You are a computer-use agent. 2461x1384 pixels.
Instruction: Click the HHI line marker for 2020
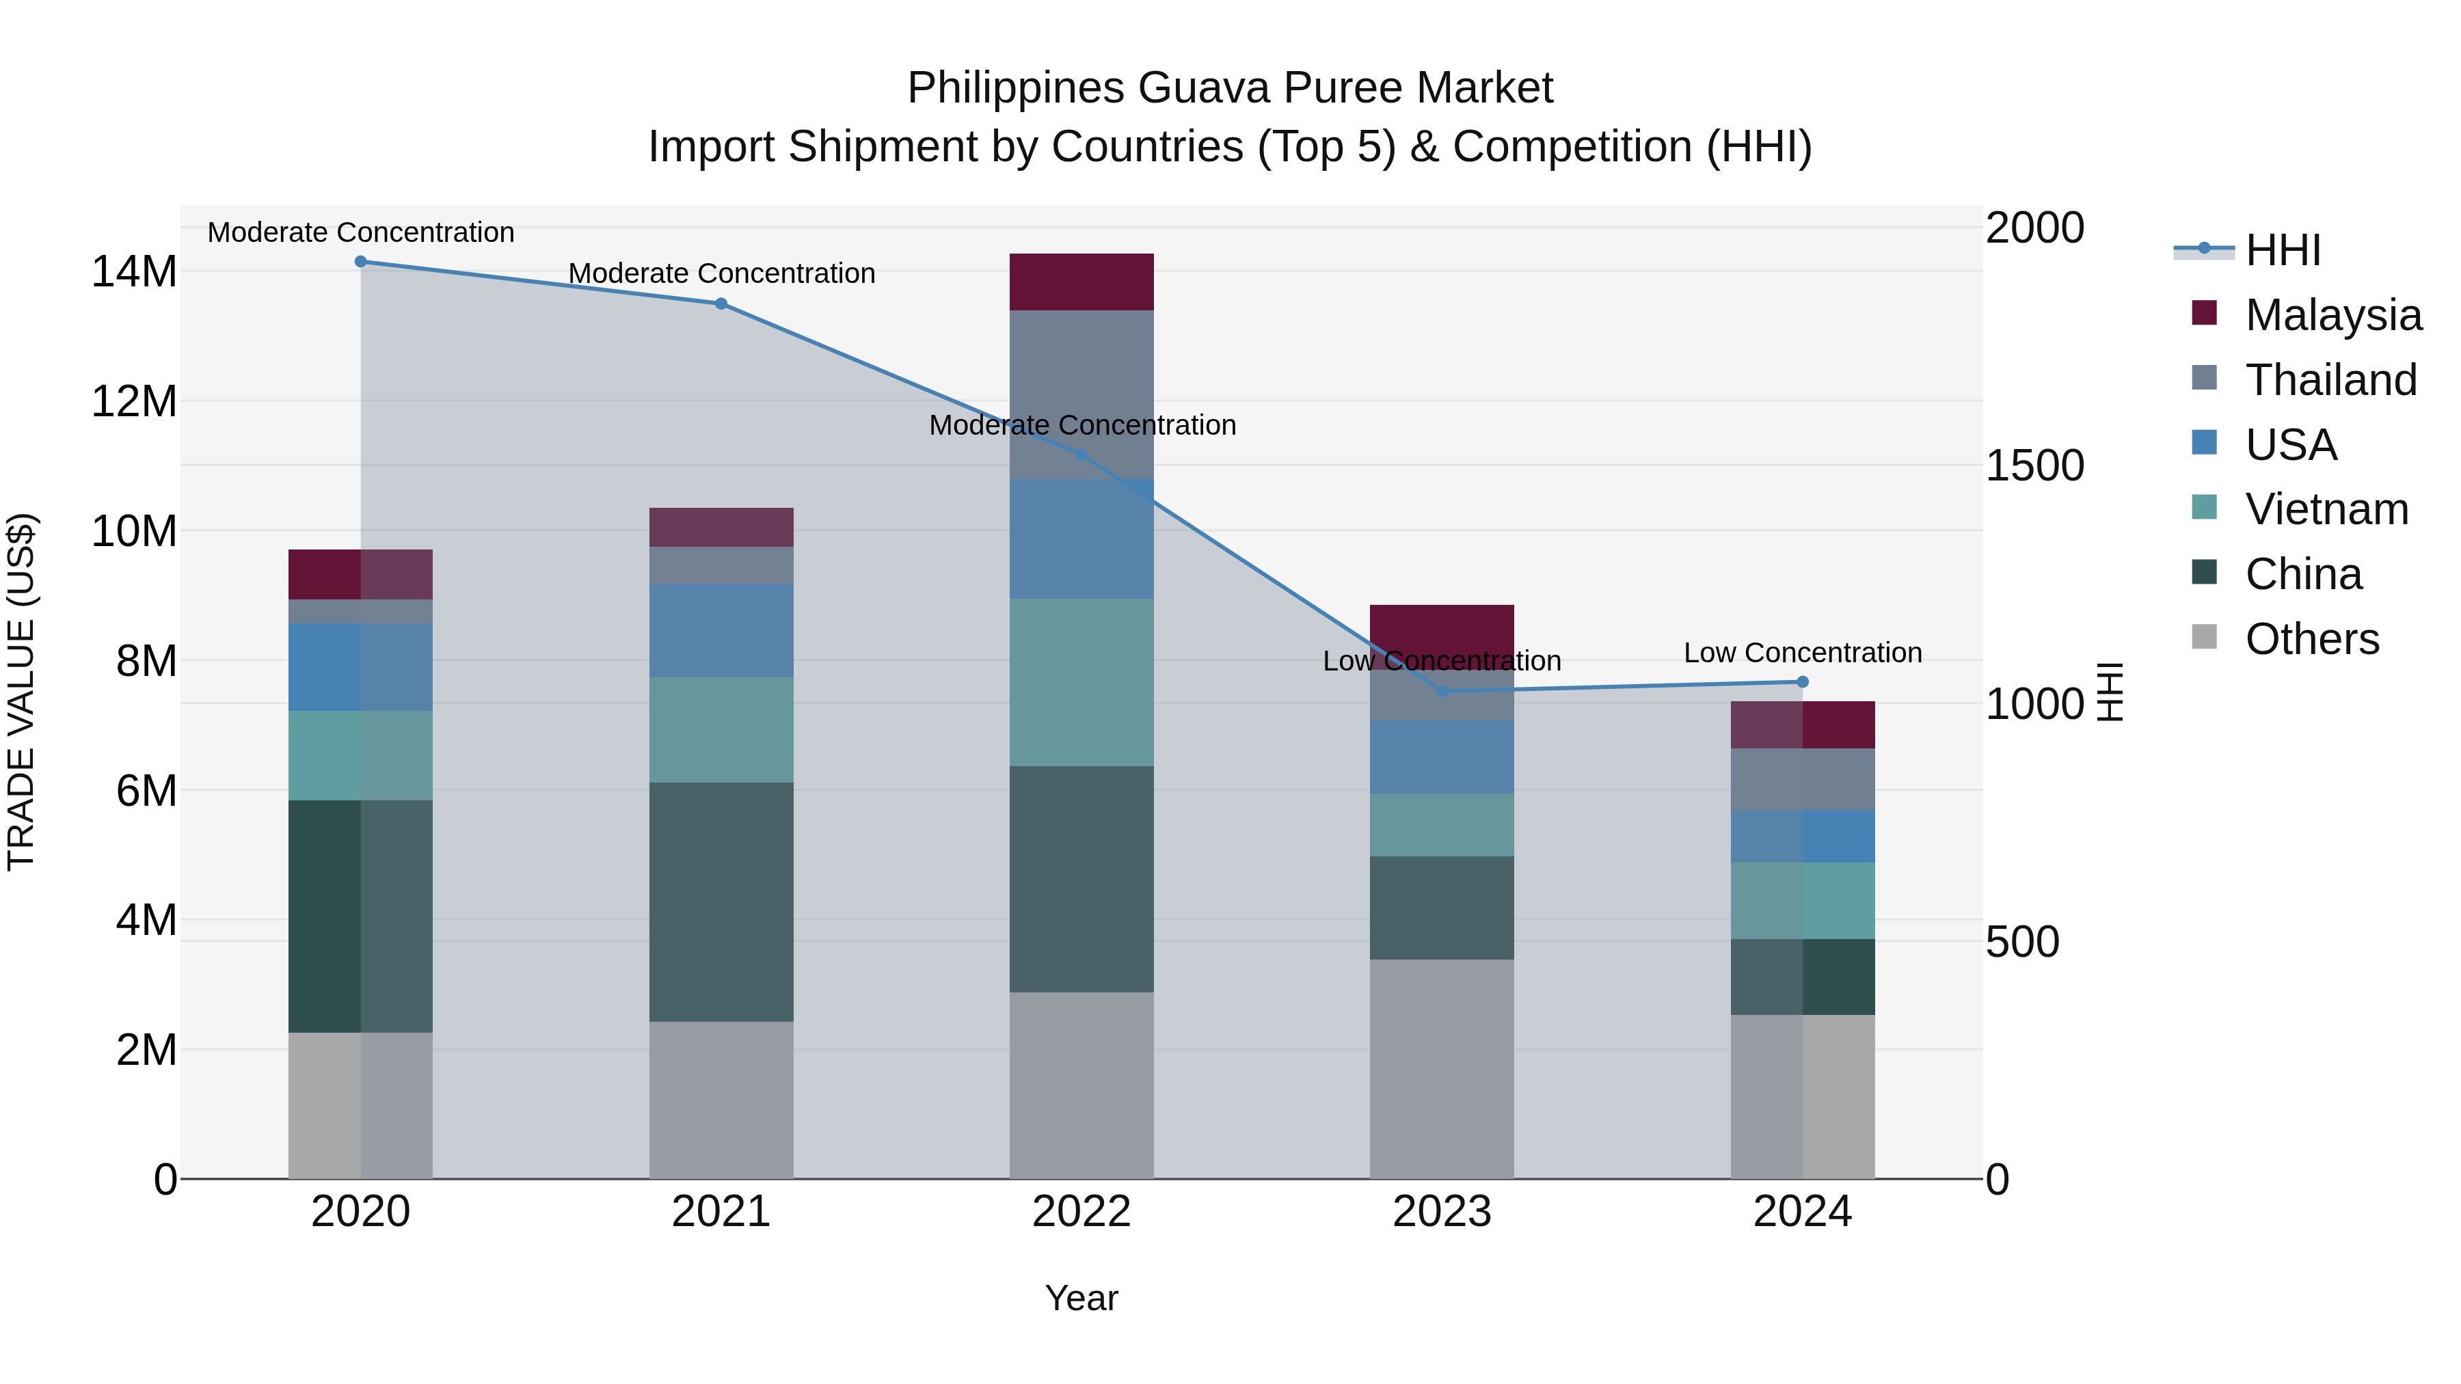[x=361, y=262]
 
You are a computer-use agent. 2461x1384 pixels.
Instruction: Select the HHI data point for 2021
[x=721, y=303]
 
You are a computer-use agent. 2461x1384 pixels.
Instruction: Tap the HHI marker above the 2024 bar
[x=1803, y=682]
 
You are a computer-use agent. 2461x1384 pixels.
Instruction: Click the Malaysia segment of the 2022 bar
[x=1081, y=282]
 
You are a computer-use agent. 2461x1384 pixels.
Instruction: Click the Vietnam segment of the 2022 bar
[x=1081, y=682]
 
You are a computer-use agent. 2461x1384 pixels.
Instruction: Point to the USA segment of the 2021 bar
[x=721, y=630]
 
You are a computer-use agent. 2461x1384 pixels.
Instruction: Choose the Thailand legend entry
[x=2330, y=380]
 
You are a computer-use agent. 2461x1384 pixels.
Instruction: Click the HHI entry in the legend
[x=2283, y=250]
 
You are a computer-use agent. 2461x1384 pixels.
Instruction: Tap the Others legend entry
[x=2311, y=639]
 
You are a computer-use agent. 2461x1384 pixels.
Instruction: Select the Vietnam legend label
[x=2326, y=509]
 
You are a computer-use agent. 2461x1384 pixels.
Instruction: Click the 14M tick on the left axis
[x=134, y=272]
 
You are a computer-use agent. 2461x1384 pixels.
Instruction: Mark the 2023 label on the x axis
[x=1442, y=1212]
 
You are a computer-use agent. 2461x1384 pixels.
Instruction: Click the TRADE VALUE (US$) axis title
[x=21, y=692]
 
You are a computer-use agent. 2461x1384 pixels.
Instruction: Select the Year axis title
[x=1081, y=1298]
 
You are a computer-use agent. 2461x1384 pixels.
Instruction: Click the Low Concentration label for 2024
[x=1803, y=653]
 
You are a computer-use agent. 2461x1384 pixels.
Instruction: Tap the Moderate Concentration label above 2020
[x=361, y=233]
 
